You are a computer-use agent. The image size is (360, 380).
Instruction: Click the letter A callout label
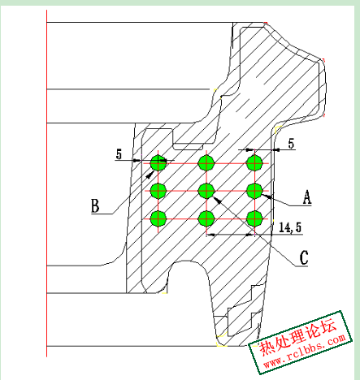(x=307, y=196)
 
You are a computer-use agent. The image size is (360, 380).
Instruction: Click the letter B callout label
(x=95, y=205)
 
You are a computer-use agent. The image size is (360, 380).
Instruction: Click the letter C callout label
(x=304, y=257)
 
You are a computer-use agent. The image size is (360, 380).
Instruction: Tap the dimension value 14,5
(x=290, y=227)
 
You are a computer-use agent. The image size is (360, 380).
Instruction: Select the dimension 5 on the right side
(x=291, y=144)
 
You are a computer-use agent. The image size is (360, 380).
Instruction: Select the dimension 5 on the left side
(x=119, y=154)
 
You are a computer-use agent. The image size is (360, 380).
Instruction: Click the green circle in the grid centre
(x=206, y=191)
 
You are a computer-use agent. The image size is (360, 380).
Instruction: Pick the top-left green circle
(x=158, y=163)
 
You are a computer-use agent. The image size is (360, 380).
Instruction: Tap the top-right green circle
(x=254, y=163)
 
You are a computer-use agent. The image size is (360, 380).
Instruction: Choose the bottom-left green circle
(x=158, y=218)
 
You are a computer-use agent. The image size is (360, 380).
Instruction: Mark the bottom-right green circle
(x=254, y=218)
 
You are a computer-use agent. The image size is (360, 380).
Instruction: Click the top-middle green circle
(x=206, y=163)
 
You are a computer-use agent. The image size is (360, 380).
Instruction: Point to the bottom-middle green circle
(x=206, y=218)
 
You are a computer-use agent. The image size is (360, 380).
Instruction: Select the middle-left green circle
(x=158, y=191)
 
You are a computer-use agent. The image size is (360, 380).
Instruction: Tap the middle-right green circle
(x=254, y=191)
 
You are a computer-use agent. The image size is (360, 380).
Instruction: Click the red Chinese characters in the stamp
(x=298, y=338)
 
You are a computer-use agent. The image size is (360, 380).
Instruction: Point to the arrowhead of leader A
(x=267, y=196)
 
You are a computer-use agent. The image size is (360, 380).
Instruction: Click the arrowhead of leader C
(x=218, y=200)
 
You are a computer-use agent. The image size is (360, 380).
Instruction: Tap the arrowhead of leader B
(x=150, y=175)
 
